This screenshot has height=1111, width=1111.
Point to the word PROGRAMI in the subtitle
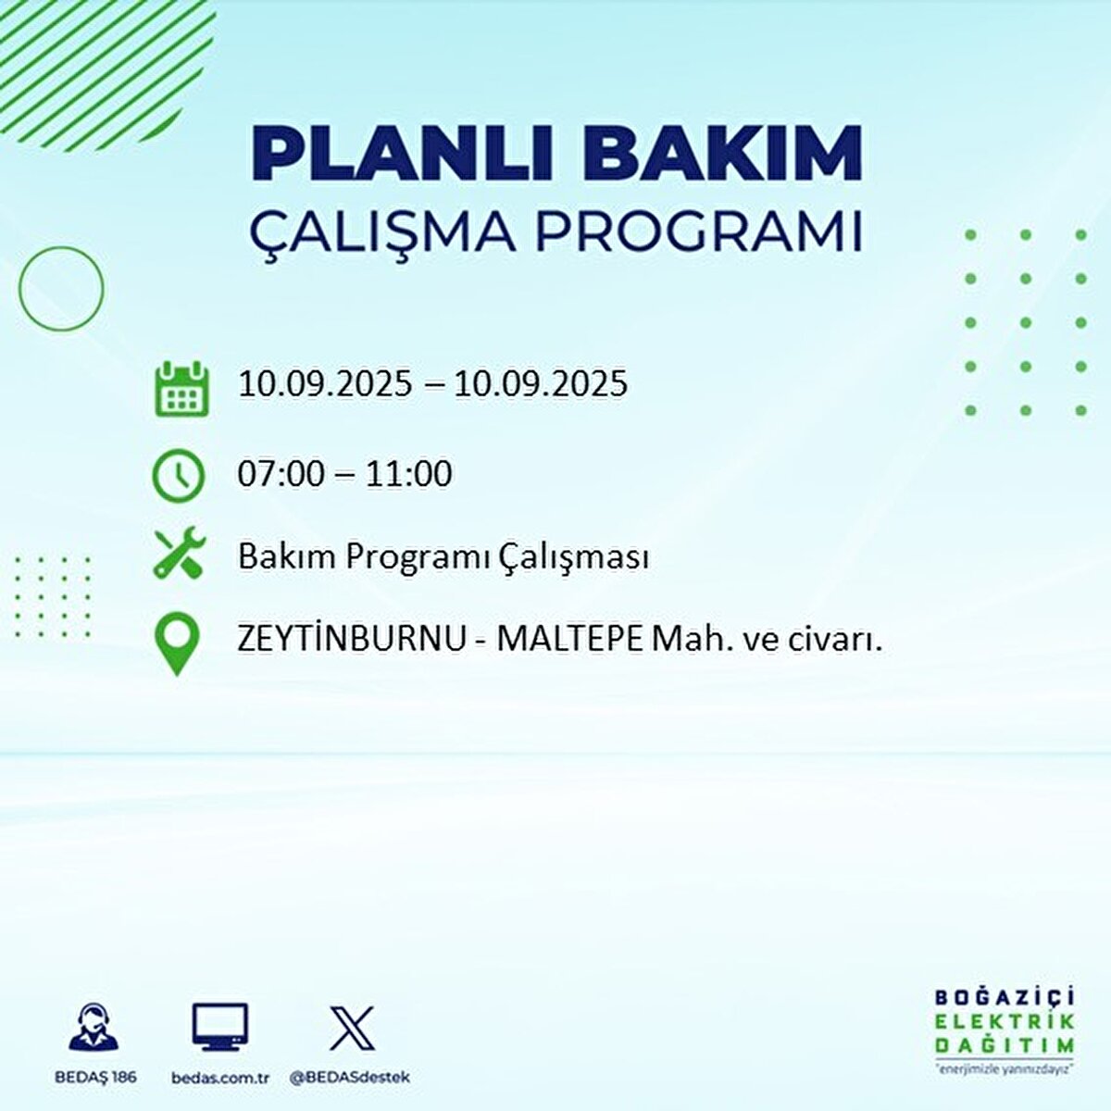tap(700, 232)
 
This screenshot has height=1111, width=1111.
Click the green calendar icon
tap(181, 389)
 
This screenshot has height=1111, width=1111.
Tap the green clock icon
tap(178, 476)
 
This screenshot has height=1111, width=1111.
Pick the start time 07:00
tap(281, 474)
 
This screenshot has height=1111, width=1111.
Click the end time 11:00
tap(408, 474)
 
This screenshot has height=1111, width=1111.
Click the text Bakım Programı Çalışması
tap(443, 557)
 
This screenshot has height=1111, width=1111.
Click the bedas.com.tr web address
tap(220, 1078)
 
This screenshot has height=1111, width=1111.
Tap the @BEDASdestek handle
tap(350, 1078)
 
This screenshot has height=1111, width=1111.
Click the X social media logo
tap(352, 1029)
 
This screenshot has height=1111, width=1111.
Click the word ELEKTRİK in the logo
tap(1005, 1021)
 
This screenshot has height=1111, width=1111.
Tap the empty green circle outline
tap(61, 289)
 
